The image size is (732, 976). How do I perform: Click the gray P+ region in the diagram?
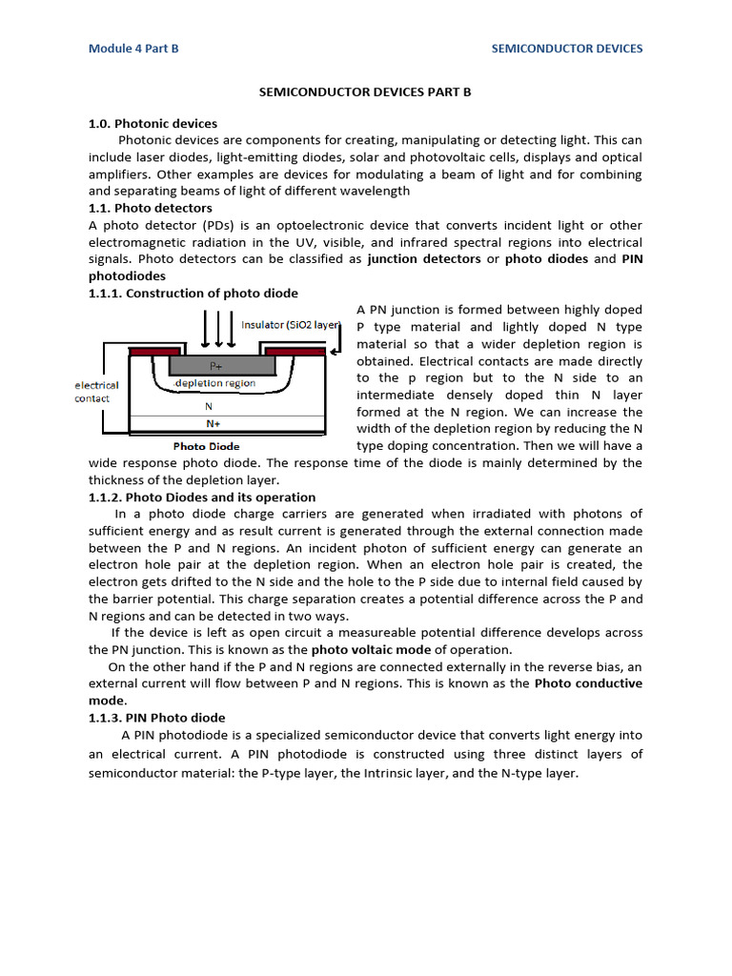(217, 366)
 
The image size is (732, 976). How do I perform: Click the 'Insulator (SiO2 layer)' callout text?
(290, 325)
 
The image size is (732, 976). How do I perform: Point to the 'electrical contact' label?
(97, 392)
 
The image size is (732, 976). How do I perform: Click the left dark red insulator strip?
(151, 352)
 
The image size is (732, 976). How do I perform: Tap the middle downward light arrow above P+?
(219, 329)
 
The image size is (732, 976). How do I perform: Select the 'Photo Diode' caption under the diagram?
(206, 446)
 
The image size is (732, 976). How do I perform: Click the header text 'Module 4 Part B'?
(133, 49)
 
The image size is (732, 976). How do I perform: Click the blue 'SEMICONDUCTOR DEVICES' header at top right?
(566, 49)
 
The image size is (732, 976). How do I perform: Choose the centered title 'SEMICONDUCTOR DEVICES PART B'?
(366, 92)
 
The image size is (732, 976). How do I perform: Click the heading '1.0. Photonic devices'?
(152, 123)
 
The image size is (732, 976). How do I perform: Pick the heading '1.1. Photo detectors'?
(151, 208)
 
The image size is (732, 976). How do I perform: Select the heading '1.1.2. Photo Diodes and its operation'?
(202, 497)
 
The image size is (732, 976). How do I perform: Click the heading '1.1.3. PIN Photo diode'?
(157, 718)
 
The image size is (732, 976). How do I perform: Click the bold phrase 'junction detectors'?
(424, 258)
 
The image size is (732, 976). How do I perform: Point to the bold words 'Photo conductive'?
(587, 683)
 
